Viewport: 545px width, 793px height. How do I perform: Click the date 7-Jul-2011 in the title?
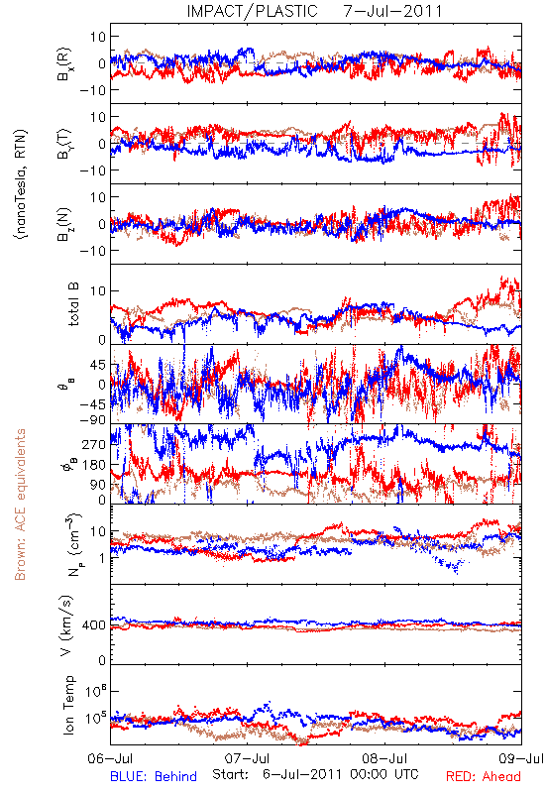click(x=392, y=11)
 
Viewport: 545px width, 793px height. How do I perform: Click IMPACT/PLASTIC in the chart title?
click(x=253, y=11)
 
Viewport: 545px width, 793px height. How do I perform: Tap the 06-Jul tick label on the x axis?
click(x=110, y=758)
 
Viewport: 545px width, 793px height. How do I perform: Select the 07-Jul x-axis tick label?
click(x=247, y=758)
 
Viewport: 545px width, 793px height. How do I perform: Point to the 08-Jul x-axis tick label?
click(x=384, y=758)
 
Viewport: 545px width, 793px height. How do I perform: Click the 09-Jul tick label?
click(x=521, y=758)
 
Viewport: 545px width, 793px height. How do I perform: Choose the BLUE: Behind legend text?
click(x=154, y=776)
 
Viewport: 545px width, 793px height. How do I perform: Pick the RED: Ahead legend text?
click(x=484, y=776)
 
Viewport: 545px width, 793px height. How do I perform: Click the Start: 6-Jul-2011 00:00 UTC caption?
click(x=315, y=774)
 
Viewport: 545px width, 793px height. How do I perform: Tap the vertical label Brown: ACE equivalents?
click(x=20, y=505)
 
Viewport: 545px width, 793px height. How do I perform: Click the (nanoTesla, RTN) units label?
click(x=21, y=184)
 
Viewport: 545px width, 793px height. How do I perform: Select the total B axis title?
click(x=73, y=304)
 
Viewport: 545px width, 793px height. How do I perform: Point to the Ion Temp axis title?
click(x=68, y=705)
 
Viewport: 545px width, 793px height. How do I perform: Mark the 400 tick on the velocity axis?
click(x=94, y=625)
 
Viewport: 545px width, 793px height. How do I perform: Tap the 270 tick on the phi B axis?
click(x=94, y=444)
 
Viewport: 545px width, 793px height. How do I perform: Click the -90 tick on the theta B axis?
click(x=93, y=419)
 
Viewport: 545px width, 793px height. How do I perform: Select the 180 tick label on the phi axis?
click(x=94, y=465)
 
